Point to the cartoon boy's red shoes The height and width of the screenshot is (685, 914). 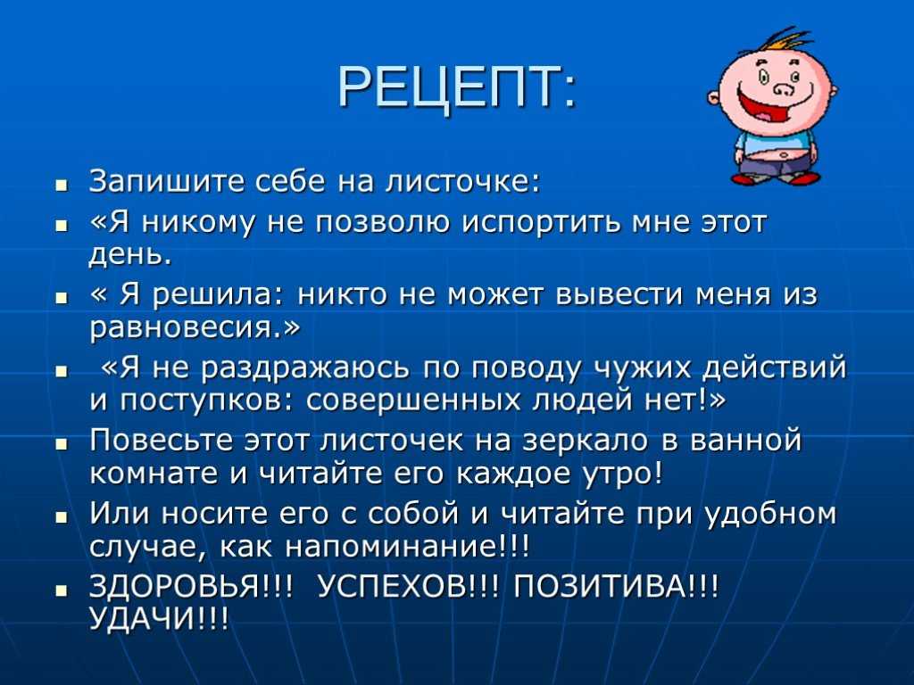(776, 177)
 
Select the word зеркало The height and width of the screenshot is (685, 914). (586, 441)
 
